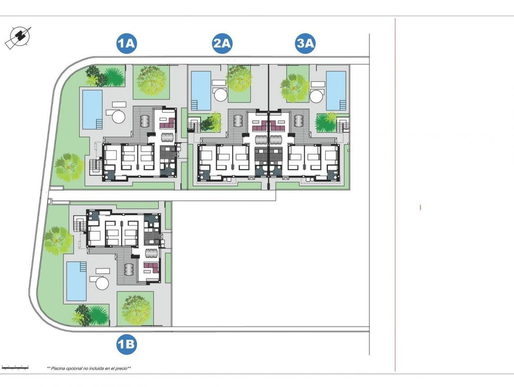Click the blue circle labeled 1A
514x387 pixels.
tap(126, 44)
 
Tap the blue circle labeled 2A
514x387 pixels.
tap(222, 44)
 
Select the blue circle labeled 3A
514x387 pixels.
tap(305, 44)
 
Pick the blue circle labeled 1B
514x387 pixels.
tap(126, 345)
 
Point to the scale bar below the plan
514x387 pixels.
tap(15, 368)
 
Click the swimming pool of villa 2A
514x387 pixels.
tap(201, 90)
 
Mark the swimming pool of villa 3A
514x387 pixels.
tap(336, 90)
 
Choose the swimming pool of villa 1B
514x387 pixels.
tap(76, 281)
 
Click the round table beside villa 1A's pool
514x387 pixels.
tap(118, 117)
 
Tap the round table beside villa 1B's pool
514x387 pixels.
tap(102, 283)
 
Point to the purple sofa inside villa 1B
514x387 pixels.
tap(151, 268)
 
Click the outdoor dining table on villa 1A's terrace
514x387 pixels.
tap(145, 121)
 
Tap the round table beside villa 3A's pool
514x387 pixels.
tap(317, 95)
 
